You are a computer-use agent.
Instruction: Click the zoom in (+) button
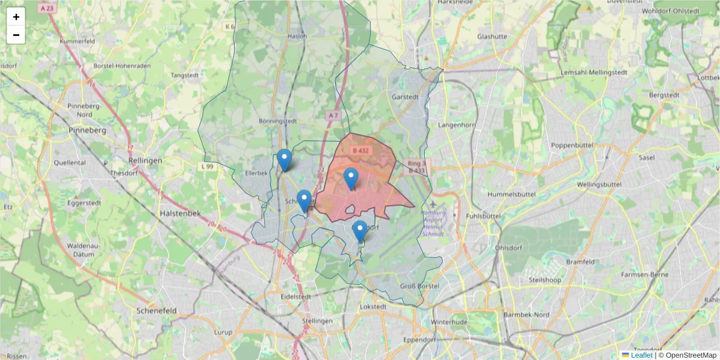tap(16, 17)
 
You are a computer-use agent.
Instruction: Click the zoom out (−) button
tap(16, 35)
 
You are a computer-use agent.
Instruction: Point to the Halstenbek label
tap(180, 214)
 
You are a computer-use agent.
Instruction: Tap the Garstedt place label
tap(404, 96)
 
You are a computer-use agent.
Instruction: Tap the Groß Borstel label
tap(419, 286)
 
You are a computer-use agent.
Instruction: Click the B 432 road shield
tap(360, 151)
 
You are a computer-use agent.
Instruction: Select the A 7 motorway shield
tap(334, 115)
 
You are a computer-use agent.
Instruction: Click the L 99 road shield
tap(208, 166)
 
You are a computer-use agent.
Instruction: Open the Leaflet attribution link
tap(641, 355)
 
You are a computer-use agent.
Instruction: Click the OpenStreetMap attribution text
tap(691, 355)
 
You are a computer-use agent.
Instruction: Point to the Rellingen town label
tap(145, 161)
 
